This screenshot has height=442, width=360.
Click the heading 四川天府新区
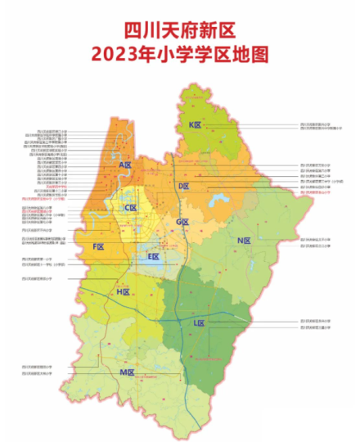[x=179, y=30]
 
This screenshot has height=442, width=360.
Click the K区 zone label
[x=194, y=124]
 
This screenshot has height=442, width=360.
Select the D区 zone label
[x=184, y=187]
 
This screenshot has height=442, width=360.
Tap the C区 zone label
[x=129, y=208]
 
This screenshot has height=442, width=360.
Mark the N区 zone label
[x=243, y=241]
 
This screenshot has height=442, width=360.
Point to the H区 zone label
[x=124, y=291]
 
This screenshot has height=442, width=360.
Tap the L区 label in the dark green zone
[x=198, y=323]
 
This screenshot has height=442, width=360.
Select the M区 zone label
[x=127, y=372]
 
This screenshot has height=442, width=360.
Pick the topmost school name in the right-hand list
[x=317, y=125]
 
